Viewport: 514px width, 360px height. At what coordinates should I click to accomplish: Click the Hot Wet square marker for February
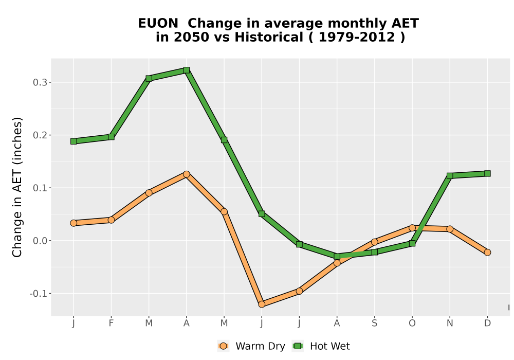pyautogui.click(x=111, y=137)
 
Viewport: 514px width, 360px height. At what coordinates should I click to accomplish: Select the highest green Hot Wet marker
pyautogui.click(x=187, y=70)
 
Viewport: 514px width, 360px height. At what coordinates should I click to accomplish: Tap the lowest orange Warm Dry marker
pyautogui.click(x=262, y=304)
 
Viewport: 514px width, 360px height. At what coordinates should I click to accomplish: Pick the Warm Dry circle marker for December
pyautogui.click(x=487, y=252)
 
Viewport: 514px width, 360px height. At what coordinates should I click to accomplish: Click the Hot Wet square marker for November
pyautogui.click(x=450, y=176)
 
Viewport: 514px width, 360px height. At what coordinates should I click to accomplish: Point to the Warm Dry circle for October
pyautogui.click(x=412, y=227)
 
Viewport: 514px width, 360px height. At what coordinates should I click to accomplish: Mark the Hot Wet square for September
pyautogui.click(x=375, y=252)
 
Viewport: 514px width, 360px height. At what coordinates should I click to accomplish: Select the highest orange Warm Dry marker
pyautogui.click(x=187, y=174)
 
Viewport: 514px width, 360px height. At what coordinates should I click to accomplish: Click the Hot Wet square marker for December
pyautogui.click(x=487, y=173)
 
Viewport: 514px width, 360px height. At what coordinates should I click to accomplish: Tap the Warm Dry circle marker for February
pyautogui.click(x=111, y=220)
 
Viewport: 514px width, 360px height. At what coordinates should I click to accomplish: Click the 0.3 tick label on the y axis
pyautogui.click(x=40, y=82)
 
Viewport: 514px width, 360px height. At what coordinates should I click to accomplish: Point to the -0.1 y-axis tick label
pyautogui.click(x=38, y=294)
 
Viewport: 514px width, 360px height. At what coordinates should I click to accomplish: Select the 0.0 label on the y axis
pyautogui.click(x=40, y=241)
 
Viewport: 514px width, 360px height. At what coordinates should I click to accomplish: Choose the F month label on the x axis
pyautogui.click(x=111, y=323)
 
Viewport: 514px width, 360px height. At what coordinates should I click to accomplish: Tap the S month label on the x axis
pyautogui.click(x=375, y=323)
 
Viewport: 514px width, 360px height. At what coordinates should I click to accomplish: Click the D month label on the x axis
pyautogui.click(x=487, y=323)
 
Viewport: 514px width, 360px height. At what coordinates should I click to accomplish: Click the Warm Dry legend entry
pyautogui.click(x=251, y=346)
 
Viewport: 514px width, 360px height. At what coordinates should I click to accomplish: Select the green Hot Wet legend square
pyautogui.click(x=298, y=346)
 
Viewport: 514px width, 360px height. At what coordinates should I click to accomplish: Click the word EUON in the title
pyautogui.click(x=158, y=23)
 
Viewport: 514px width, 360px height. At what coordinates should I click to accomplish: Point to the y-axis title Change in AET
pyautogui.click(x=17, y=187)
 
